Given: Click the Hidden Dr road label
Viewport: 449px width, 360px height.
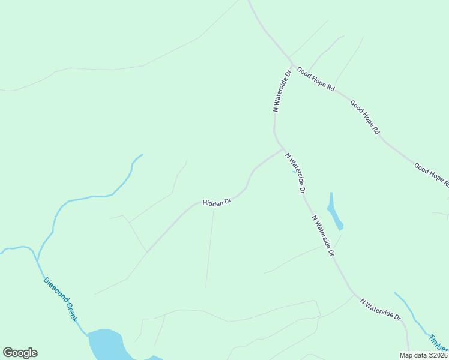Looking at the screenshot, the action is click(217, 203).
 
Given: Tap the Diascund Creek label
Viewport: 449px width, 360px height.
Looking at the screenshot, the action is click(61, 299).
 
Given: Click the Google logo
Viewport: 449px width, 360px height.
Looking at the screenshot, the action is click(20, 353).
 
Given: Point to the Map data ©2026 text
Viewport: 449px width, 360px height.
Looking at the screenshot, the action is click(423, 355).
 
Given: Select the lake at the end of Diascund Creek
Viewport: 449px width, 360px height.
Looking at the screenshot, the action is click(106, 344).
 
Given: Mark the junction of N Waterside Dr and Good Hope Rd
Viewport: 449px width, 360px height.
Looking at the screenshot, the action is click(292, 64).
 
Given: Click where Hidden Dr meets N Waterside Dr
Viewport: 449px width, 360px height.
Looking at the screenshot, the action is click(282, 148).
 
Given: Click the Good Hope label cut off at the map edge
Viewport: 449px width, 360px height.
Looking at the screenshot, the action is click(431, 173).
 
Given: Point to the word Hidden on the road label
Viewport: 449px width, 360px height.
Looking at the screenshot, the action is click(212, 203).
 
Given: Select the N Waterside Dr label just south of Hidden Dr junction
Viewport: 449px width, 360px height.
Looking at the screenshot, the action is click(295, 173).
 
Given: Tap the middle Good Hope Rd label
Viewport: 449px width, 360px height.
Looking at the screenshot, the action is click(365, 117).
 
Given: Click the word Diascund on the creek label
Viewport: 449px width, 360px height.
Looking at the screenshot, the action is click(53, 290).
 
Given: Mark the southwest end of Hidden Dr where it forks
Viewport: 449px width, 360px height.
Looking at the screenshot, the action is click(147, 251).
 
